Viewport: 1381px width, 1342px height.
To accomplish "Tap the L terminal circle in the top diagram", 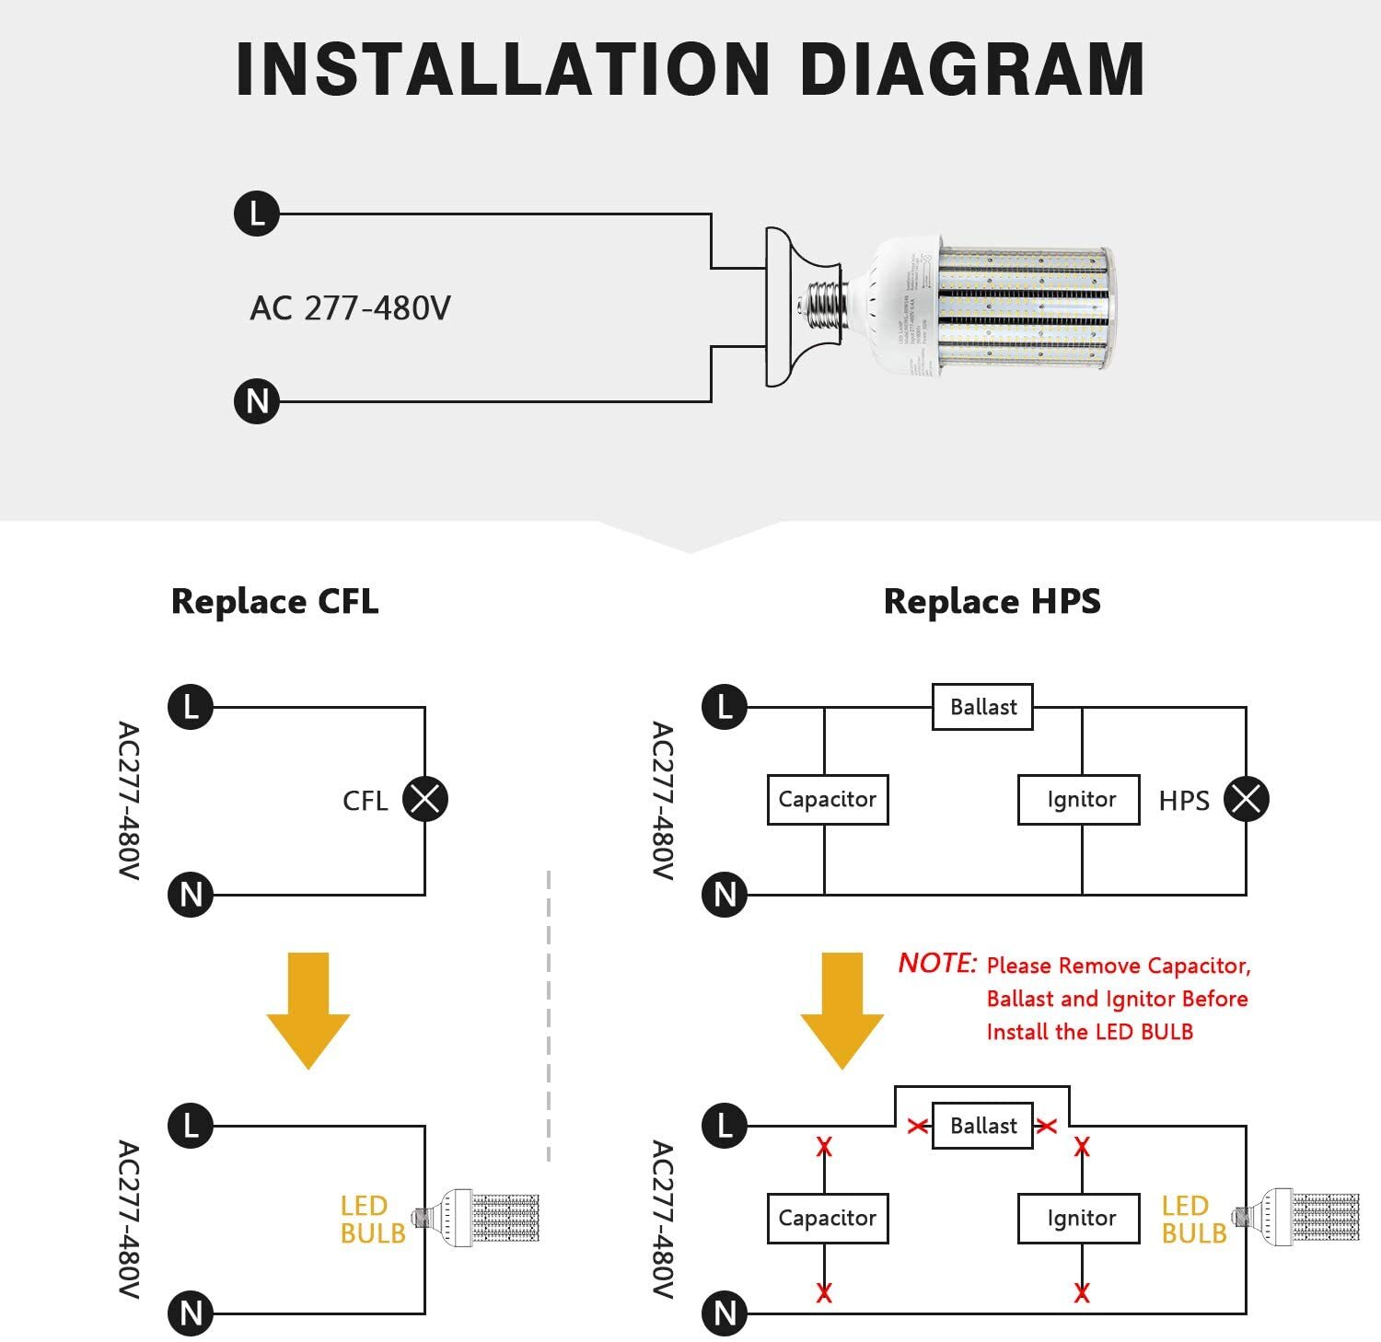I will click(x=256, y=214).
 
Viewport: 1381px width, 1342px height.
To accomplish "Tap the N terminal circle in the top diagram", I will click(x=256, y=401).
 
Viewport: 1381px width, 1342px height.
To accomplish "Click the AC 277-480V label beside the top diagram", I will click(x=350, y=308).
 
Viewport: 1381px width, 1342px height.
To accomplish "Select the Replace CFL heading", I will click(x=274, y=601).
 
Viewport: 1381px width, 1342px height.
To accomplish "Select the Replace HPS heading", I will click(x=992, y=601).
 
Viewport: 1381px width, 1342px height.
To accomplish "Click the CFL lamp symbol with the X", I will click(x=424, y=799).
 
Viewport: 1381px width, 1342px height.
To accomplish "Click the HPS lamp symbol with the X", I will click(x=1246, y=799).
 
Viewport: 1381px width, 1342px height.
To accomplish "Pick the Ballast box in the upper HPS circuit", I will click(x=982, y=707).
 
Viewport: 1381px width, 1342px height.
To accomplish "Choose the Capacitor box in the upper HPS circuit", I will click(x=827, y=799).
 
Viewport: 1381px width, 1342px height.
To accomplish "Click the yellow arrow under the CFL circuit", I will click(x=308, y=1011).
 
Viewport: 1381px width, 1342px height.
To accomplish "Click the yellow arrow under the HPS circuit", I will click(x=841, y=1011).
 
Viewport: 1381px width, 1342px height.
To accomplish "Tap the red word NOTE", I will click(x=936, y=963).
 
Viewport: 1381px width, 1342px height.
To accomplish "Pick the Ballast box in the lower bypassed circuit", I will click(x=982, y=1126).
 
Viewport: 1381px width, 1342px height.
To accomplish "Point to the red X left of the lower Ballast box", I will click(x=917, y=1126).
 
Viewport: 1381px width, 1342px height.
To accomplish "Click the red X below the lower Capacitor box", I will click(x=824, y=1292).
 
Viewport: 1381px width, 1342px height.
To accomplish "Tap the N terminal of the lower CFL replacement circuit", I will click(x=191, y=1313).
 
